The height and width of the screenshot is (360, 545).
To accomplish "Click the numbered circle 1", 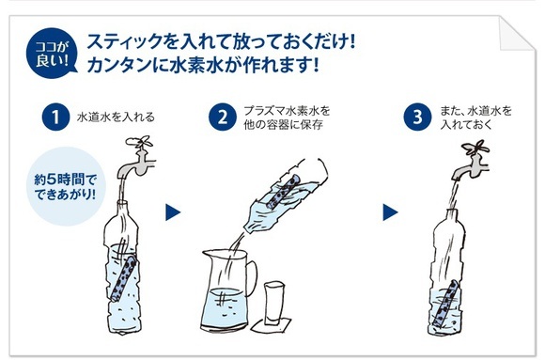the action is (55, 117).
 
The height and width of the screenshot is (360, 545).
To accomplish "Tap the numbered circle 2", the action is (223, 117).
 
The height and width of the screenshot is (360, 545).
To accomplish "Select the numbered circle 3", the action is (417, 117).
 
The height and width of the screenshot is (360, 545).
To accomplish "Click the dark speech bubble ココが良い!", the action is (52, 54).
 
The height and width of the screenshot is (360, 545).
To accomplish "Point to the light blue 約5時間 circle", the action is (66, 186).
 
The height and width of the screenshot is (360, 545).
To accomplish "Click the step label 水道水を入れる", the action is (116, 117).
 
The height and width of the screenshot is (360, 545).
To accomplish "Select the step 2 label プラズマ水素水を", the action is (287, 111).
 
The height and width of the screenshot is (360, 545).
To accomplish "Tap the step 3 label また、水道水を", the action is (476, 111).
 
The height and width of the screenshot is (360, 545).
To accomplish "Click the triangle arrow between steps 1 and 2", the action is (173, 212).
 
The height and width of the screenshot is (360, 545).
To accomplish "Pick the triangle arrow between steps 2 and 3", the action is (390, 212).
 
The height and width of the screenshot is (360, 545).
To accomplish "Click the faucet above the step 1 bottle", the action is (137, 157).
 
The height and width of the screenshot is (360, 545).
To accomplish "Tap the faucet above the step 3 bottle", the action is (471, 160).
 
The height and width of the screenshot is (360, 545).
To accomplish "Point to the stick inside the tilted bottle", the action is (283, 192).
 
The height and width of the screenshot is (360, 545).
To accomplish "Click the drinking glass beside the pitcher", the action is (274, 304).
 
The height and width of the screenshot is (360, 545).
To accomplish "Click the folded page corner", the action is (517, 33).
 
